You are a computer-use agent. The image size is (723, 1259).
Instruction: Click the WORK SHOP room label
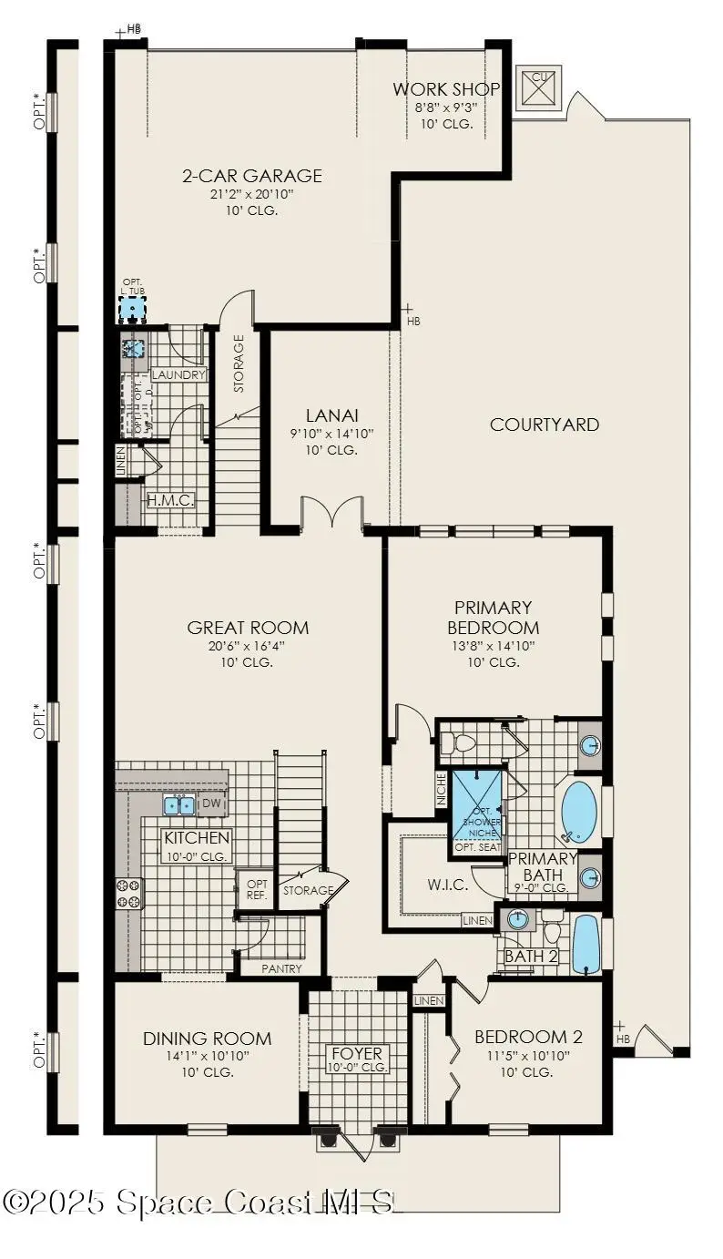(446, 89)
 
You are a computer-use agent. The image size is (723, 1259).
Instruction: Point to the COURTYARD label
(545, 425)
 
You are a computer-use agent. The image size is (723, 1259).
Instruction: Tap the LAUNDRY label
(178, 374)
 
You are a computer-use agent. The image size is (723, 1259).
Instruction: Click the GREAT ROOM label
(248, 628)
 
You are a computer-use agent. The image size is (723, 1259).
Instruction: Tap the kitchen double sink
(178, 804)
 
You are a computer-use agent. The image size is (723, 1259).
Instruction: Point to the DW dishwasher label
(209, 804)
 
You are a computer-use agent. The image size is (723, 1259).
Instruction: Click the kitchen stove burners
(127, 894)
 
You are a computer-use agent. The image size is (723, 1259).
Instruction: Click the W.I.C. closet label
(448, 885)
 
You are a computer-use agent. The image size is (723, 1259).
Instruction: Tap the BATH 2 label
(532, 956)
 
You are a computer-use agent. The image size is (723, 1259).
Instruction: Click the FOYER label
(357, 1053)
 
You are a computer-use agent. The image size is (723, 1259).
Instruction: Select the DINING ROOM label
(207, 1039)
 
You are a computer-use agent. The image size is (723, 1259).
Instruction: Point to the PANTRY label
(281, 968)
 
